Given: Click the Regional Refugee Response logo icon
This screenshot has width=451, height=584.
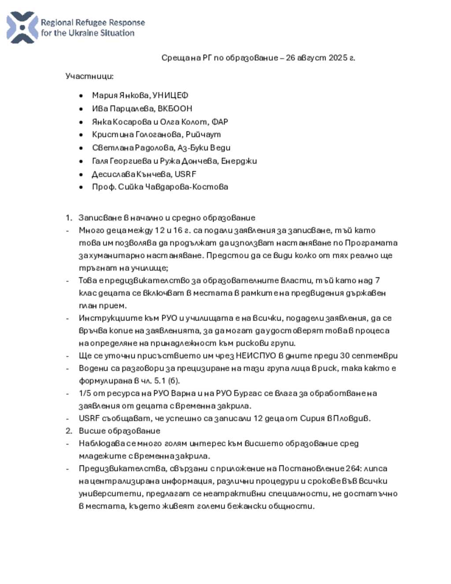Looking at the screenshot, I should coord(22,27).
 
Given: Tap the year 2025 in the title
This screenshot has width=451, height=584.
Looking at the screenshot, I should coord(338,58).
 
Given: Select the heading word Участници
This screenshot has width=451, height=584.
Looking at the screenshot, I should coord(89,76).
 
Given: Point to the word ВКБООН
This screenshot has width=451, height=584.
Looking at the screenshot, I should coord(175,108).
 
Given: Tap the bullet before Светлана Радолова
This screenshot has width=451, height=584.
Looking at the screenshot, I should coord(81,148).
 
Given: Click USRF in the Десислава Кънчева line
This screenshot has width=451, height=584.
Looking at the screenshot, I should coord(185,174).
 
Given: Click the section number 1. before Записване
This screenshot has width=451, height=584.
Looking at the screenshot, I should coord(69,218).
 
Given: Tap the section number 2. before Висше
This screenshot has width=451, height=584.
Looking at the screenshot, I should coord(69,431).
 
